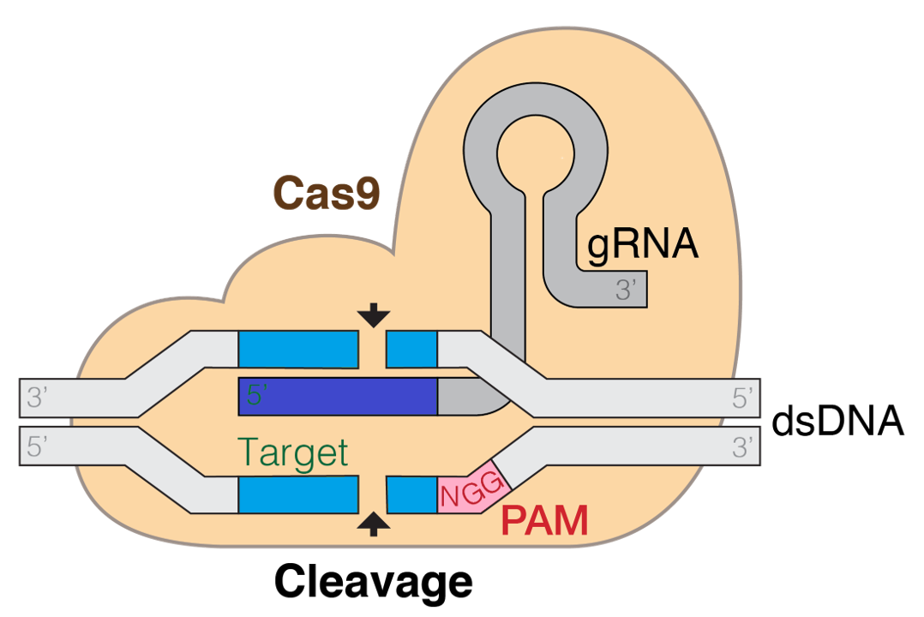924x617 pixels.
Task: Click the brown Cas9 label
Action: pyautogui.click(x=326, y=193)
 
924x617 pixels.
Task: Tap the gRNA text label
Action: pyautogui.click(x=643, y=244)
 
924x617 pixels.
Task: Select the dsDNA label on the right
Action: pyautogui.click(x=837, y=422)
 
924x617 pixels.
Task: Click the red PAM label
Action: pyautogui.click(x=545, y=521)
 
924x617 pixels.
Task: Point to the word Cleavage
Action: pyautogui.click(x=373, y=581)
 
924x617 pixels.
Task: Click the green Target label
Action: pyautogui.click(x=292, y=452)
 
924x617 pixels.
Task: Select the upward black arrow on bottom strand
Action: pyautogui.click(x=373, y=523)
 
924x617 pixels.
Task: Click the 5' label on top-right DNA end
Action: pyautogui.click(x=741, y=398)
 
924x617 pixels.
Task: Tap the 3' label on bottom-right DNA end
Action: pyautogui.click(x=741, y=446)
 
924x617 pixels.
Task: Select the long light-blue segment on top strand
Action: pyautogui.click(x=297, y=348)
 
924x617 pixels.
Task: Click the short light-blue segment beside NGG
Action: pyautogui.click(x=412, y=494)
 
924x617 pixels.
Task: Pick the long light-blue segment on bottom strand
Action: pyautogui.click(x=297, y=494)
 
